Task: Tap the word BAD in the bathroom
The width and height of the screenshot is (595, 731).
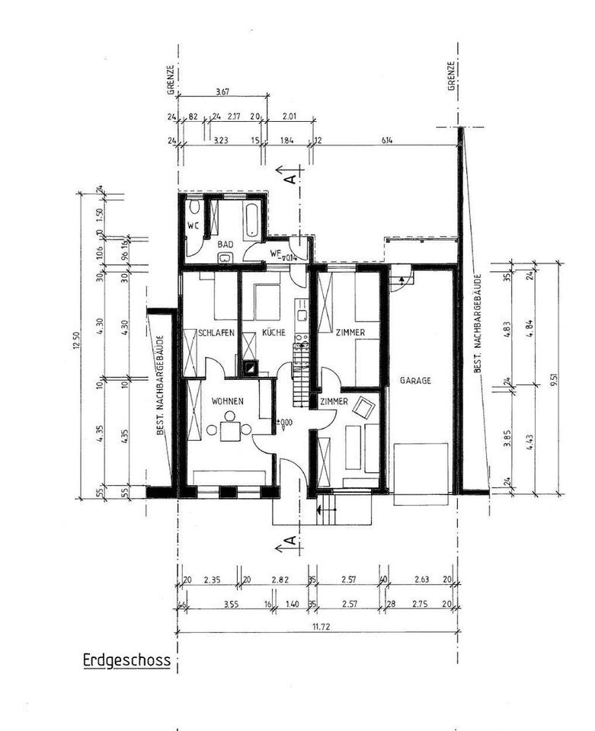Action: [x=225, y=244]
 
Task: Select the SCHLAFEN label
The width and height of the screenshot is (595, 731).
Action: [x=216, y=333]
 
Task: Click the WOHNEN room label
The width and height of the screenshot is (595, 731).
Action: [x=226, y=400]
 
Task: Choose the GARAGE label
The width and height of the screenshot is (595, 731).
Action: [x=419, y=380]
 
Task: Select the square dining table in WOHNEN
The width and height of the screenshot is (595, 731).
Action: [x=229, y=430]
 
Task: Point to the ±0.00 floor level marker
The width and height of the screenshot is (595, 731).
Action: [x=284, y=422]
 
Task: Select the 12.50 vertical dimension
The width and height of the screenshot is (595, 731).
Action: [x=76, y=345]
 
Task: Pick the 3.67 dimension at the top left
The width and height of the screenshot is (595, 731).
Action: [x=222, y=93]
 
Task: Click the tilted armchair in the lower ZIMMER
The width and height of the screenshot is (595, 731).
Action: [x=364, y=408]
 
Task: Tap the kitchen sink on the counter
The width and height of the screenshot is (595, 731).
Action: [x=302, y=314]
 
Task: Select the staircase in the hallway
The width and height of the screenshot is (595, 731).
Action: [x=300, y=371]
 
